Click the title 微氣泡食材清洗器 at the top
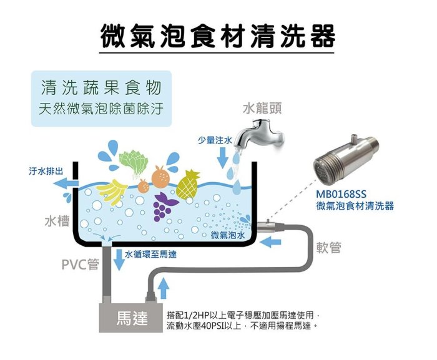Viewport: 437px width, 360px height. [219, 36]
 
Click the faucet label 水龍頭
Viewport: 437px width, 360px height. [262, 108]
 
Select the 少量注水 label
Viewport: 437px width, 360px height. [214, 140]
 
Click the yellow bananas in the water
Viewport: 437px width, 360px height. [112, 188]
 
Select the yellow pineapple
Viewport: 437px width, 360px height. [189, 182]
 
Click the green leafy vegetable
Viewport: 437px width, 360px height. [133, 164]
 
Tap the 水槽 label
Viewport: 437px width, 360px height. [57, 222]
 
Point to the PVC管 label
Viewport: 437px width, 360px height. [80, 265]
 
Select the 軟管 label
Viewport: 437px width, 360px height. [329, 248]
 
